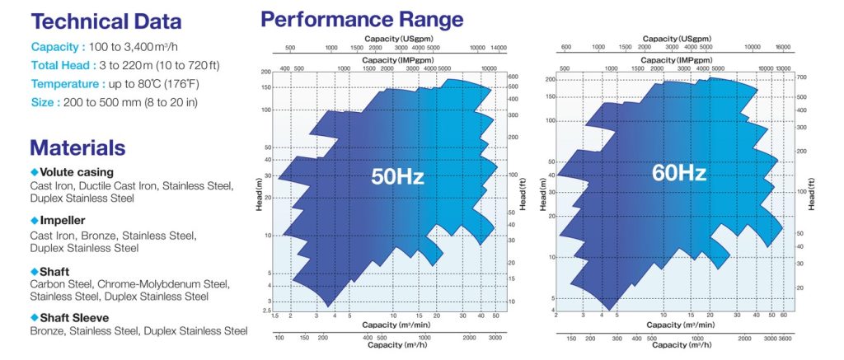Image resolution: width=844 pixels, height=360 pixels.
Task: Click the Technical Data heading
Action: click(x=105, y=22)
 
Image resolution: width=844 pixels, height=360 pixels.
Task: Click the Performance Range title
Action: click(x=362, y=18)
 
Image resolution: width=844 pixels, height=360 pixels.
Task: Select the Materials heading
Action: click(x=77, y=147)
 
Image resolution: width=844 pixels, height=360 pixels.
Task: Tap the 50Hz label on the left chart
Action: click(x=396, y=175)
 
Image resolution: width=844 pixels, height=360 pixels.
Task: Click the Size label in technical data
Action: click(x=44, y=102)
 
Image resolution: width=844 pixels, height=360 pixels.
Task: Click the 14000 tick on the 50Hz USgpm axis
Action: click(x=498, y=48)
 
